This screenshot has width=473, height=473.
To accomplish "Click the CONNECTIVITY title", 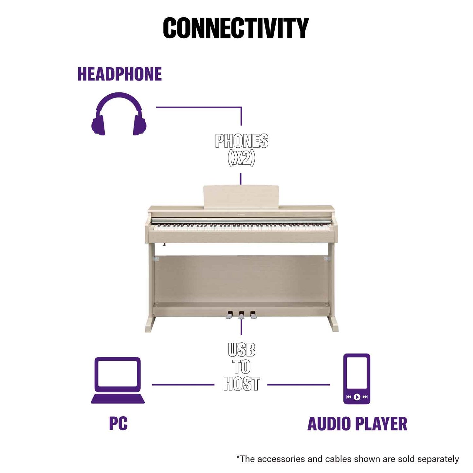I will (236, 28).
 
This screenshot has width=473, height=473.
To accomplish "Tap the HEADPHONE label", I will (119, 74).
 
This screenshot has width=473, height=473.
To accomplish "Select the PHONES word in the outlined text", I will (242, 141).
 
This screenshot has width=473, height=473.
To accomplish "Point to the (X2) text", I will (241, 158).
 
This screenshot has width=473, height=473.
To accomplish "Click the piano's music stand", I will (241, 196).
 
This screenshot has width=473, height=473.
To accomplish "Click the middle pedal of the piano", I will (241, 315).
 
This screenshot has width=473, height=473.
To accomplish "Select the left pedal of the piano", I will (229, 315).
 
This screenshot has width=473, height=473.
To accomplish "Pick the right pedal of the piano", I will (253, 315).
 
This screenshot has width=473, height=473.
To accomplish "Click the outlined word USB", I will (242, 350).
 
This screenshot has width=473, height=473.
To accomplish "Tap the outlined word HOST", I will (242, 384).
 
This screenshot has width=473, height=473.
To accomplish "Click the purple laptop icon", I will (118, 380).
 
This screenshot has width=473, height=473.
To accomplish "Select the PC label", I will (118, 424).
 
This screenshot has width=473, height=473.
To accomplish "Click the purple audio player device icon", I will (357, 378).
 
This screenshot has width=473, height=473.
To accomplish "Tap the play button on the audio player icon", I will (357, 397).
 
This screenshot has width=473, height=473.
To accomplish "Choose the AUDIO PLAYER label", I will (357, 424).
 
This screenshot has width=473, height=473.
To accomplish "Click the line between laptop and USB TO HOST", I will (183, 385).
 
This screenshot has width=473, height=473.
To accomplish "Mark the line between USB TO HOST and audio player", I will (298, 385).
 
